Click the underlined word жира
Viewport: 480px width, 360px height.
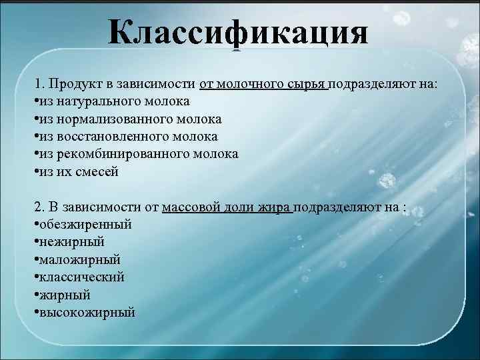point(273,207)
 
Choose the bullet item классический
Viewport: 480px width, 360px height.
point(82,276)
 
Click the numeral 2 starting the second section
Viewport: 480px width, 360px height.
point(37,207)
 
